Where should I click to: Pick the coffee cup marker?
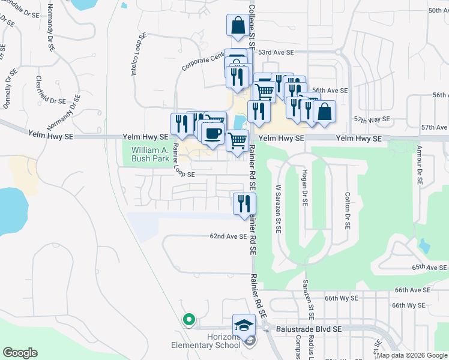click(x=212, y=133)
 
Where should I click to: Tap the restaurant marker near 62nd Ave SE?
click(x=244, y=203)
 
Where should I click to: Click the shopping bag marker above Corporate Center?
click(x=238, y=26)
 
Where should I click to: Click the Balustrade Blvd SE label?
click(x=309, y=329)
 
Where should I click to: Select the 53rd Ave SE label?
click(x=276, y=53)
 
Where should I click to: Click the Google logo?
click(x=20, y=353)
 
